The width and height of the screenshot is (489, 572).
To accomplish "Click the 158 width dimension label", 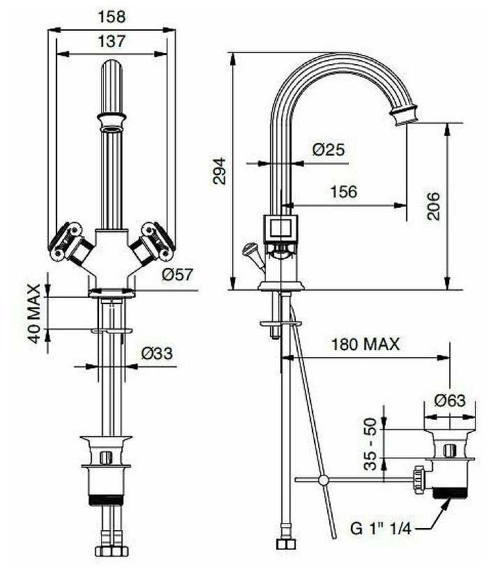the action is (x=112, y=17).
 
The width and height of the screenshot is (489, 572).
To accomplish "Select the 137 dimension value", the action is (x=112, y=41).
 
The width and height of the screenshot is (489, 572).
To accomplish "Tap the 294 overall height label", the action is (x=219, y=171).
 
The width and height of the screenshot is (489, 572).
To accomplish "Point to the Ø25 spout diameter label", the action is (x=329, y=149).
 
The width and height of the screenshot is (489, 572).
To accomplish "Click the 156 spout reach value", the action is (x=344, y=192).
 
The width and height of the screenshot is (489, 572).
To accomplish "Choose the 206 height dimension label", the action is (x=433, y=206).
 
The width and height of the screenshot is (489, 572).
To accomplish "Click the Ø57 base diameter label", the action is (x=177, y=274).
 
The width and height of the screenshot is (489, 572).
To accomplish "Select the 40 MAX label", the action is (x=35, y=314).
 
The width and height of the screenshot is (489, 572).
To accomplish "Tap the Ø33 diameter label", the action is (x=157, y=353).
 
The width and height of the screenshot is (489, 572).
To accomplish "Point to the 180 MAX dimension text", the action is (x=366, y=344).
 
